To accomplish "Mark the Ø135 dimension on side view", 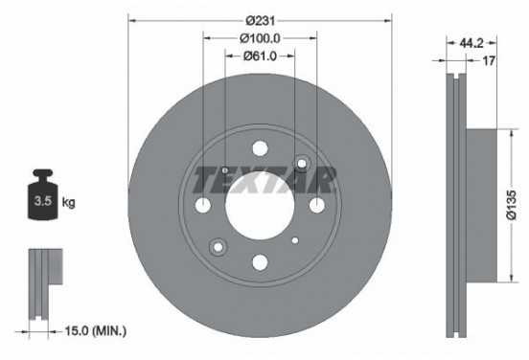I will coord(512,206).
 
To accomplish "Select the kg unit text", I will coord(68,204).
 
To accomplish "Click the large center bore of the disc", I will coord(260,206).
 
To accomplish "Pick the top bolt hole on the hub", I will coord(260,149).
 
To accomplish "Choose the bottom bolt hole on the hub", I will coord(260,262).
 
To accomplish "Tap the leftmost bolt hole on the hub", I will coord(203,206).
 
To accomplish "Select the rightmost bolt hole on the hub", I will coord(316,206).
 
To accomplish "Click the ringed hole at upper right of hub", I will coord(302,164).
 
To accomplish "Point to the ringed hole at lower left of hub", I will coord(218,247).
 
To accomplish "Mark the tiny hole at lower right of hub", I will coord(295,240).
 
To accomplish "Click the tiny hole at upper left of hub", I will coord(224,170).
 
